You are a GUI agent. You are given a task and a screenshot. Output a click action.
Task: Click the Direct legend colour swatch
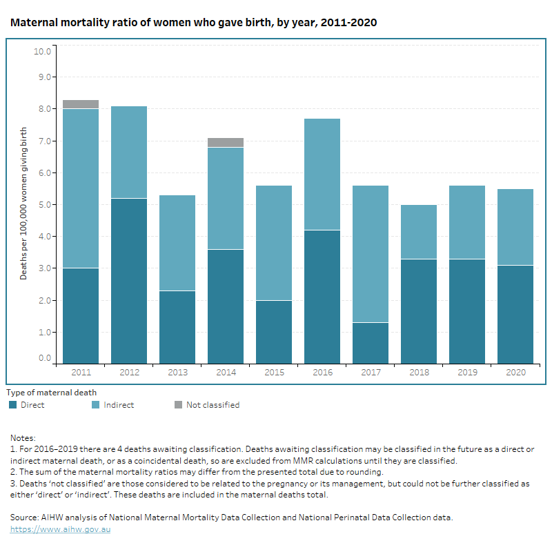(x=12, y=405)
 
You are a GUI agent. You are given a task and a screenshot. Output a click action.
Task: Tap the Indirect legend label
(x=119, y=405)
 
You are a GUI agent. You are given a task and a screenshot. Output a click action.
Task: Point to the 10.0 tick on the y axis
(x=43, y=51)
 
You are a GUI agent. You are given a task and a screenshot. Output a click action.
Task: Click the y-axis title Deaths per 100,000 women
(x=23, y=203)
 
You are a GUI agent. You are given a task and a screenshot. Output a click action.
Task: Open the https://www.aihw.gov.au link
(x=60, y=529)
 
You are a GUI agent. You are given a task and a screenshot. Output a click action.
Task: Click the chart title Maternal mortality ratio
(x=193, y=23)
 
